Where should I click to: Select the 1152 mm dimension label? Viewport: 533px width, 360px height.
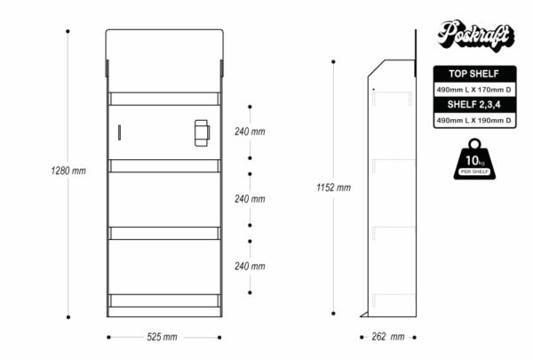(333, 188)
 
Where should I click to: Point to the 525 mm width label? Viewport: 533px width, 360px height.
(162, 337)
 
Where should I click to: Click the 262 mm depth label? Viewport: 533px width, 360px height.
(388, 337)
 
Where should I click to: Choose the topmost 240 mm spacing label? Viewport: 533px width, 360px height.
(250, 132)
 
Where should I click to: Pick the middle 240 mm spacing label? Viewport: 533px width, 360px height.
(250, 198)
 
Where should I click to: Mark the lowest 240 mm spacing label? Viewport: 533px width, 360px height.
(250, 266)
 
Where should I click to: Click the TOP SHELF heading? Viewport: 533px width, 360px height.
(473, 75)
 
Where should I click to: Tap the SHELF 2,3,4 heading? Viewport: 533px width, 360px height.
(473, 105)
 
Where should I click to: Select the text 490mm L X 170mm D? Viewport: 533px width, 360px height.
(473, 90)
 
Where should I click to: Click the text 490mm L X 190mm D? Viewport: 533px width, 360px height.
(473, 120)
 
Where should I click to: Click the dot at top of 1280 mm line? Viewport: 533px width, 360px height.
(68, 31)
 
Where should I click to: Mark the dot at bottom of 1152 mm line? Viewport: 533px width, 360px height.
(333, 313)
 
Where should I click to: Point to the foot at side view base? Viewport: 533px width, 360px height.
(364, 313)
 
